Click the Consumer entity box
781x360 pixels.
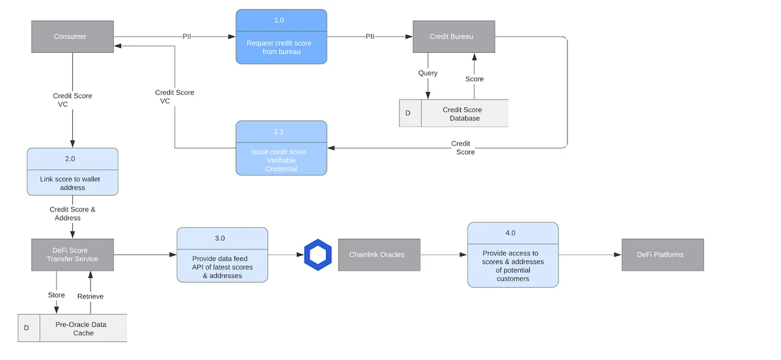coord(72,36)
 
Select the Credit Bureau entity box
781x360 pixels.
coord(453,36)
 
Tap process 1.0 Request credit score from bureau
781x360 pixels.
coord(281,36)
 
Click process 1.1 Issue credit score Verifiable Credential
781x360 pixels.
coord(281,148)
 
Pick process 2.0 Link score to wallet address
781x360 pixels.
coord(72,171)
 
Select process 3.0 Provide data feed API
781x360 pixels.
coord(222,255)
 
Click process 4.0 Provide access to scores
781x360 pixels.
coord(512,255)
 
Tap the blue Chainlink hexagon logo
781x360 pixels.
coord(318,255)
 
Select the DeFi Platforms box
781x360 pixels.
coord(662,255)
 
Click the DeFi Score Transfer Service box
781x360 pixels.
coord(72,255)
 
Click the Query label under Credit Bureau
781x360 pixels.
coord(428,73)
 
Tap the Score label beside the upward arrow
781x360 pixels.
coord(474,79)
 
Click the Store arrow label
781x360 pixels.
coord(57,295)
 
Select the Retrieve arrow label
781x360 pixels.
coord(90,296)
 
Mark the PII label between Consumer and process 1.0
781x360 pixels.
coord(187,36)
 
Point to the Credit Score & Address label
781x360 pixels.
coord(72,214)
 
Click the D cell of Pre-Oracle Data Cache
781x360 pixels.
coord(27,328)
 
